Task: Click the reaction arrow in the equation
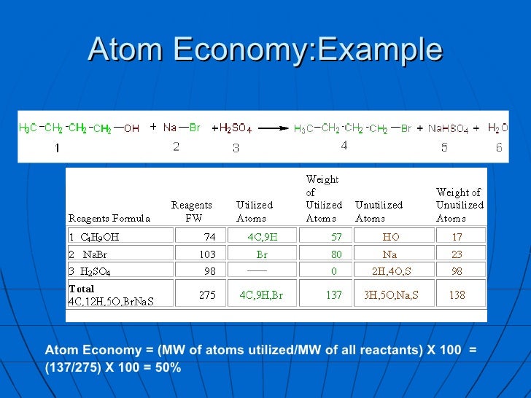[274, 129]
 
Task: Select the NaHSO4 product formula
[448, 129]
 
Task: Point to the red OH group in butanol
[131, 128]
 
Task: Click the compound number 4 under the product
[344, 146]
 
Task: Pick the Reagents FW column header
[192, 211]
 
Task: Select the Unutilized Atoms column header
[379, 211]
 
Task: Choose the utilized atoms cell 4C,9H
[263, 236]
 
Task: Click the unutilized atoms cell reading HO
[391, 236]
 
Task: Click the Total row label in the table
[82, 289]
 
